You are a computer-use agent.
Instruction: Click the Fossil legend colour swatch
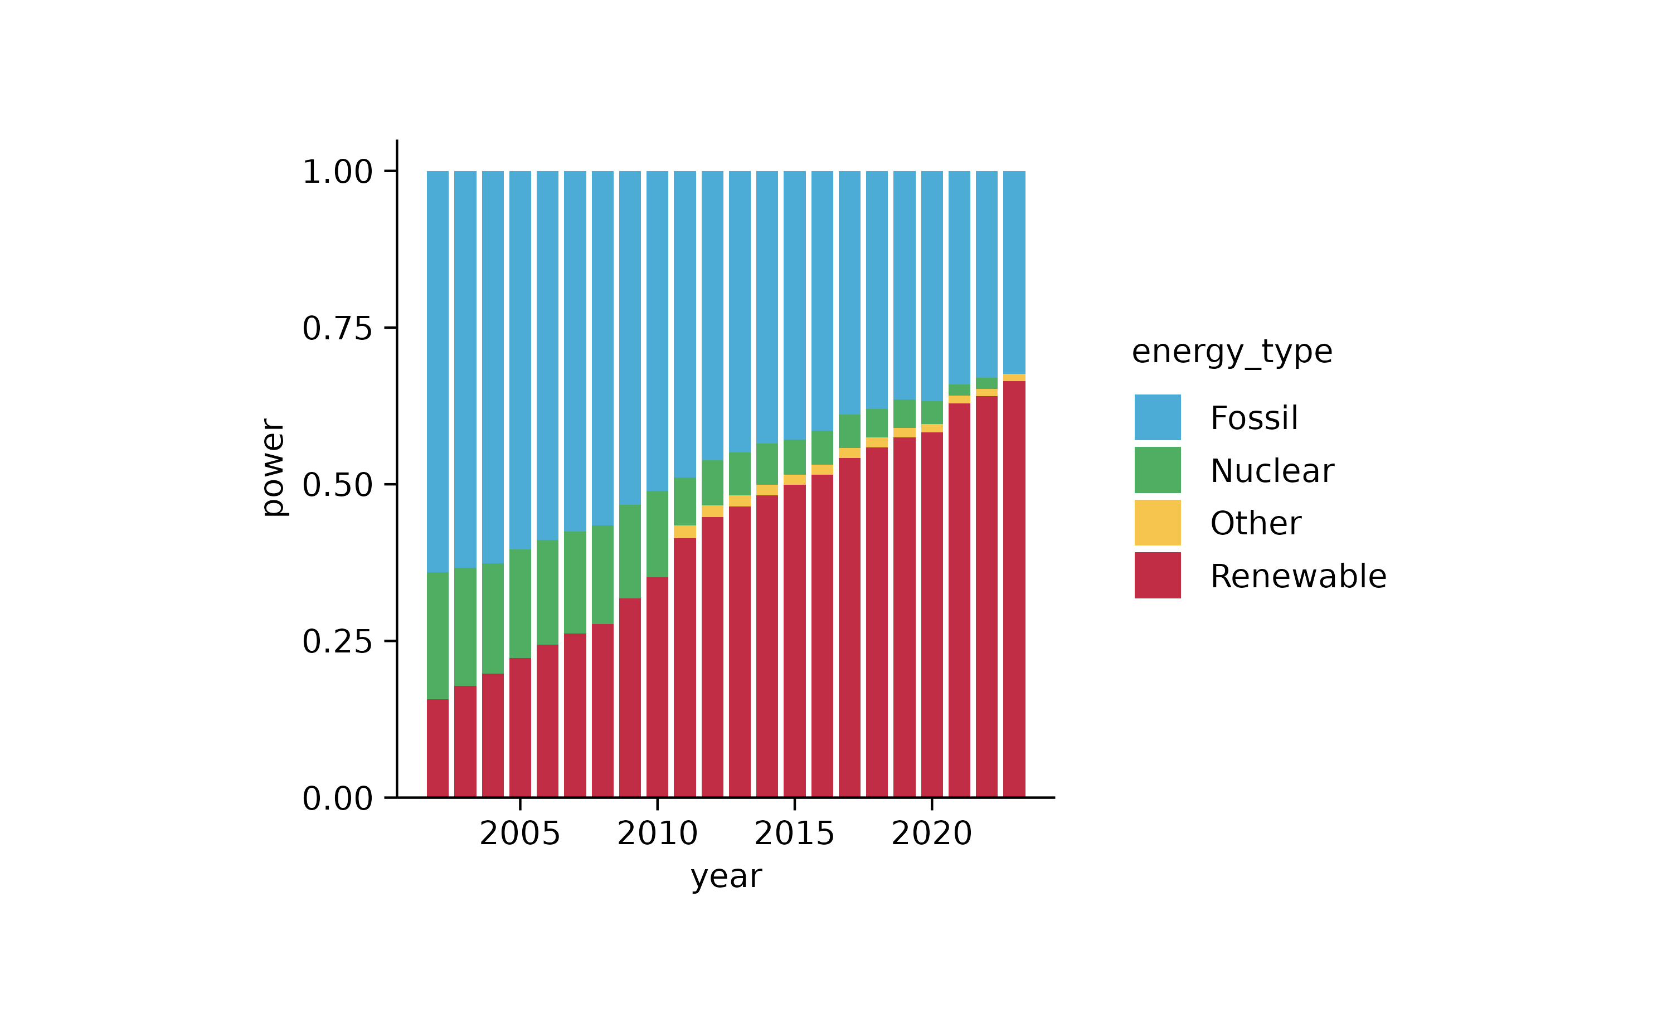[1158, 417]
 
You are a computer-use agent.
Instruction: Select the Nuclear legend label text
[1272, 471]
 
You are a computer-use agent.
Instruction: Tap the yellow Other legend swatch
[1158, 523]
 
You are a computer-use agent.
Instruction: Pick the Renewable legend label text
[1298, 576]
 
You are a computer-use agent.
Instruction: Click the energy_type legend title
[1232, 352]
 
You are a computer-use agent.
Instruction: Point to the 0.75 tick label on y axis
[338, 329]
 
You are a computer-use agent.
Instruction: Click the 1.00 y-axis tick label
[338, 172]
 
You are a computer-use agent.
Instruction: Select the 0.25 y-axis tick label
[338, 641]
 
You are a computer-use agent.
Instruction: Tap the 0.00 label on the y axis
[338, 798]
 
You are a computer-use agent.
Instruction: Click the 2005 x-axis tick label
[520, 834]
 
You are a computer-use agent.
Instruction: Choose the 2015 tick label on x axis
[794, 834]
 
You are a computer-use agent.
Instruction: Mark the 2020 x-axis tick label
[931, 834]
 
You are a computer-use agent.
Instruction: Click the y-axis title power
[274, 468]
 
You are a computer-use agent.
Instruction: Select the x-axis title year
[726, 876]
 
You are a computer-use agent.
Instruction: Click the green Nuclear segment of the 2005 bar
[520, 603]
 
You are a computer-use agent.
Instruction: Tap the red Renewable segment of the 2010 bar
[657, 686]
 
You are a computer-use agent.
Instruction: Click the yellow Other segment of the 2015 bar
[794, 480]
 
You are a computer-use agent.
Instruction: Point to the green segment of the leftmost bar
[438, 635]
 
